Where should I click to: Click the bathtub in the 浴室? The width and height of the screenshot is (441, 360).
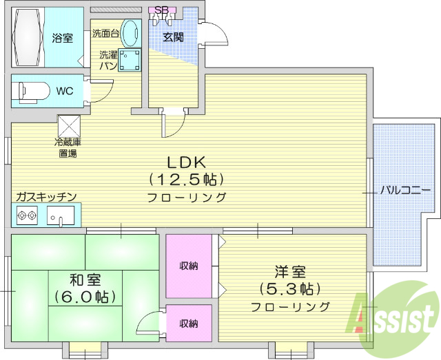tap(28, 37)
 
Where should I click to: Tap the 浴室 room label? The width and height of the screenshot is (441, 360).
tap(63, 38)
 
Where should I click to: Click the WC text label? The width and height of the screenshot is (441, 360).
tap(65, 90)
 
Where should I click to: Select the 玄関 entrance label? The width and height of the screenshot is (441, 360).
tap(173, 37)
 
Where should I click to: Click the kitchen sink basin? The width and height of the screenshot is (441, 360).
tap(61, 216)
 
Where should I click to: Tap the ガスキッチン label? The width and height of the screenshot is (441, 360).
tap(46, 196)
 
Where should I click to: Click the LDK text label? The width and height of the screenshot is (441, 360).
tap(186, 162)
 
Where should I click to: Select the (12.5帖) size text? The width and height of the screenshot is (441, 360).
tap(186, 180)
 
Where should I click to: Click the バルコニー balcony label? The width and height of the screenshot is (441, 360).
tap(402, 190)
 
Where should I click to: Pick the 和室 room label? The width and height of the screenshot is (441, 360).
tap(85, 280)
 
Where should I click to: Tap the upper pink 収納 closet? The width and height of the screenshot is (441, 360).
tap(189, 266)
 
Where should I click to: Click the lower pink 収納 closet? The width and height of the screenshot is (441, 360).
tap(189, 323)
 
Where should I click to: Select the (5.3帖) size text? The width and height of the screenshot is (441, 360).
tap(289, 289)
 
